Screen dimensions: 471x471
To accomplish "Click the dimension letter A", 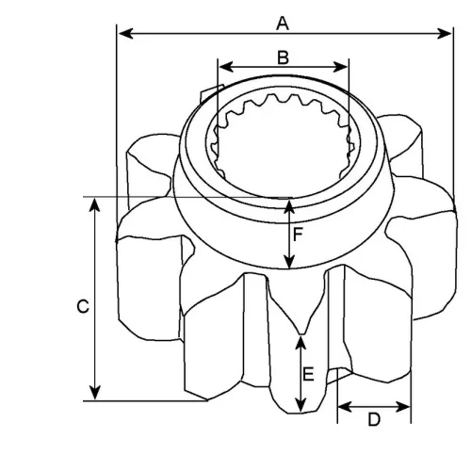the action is (x=283, y=24).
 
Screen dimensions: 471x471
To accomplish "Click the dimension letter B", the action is (x=283, y=57).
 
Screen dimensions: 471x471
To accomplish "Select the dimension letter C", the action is (x=83, y=306).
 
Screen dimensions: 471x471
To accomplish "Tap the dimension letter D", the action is (x=374, y=419).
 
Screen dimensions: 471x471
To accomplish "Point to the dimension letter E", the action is (x=308, y=374).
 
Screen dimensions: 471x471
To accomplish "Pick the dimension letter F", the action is (x=298, y=235).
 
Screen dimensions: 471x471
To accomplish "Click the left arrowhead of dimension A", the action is (x=126, y=33).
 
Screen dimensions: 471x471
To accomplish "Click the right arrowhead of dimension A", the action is (x=445, y=33).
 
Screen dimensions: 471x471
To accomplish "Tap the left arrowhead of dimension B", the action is (x=226, y=67).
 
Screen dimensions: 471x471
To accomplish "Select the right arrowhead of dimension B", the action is (x=340, y=67).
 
